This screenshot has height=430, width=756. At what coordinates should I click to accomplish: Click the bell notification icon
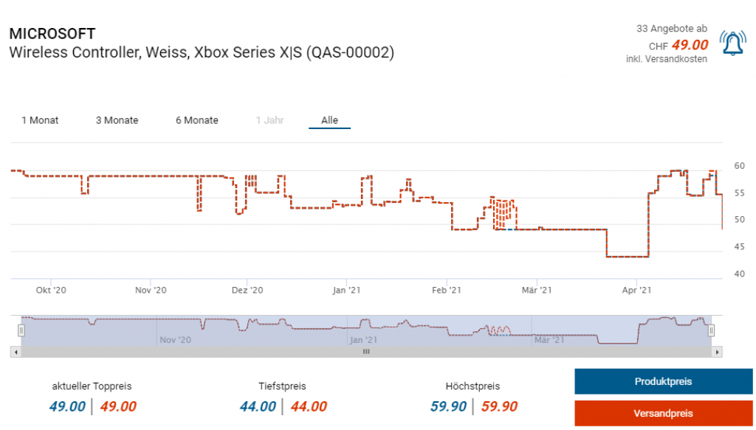pyautogui.click(x=732, y=44)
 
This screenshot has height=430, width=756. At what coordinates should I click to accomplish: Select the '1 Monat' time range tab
pyautogui.click(x=40, y=120)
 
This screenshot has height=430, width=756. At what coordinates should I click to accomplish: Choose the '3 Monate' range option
pyautogui.click(x=117, y=120)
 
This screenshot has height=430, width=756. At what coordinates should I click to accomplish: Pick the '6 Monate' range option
pyautogui.click(x=197, y=120)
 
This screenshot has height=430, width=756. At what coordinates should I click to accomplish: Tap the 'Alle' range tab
pyautogui.click(x=329, y=120)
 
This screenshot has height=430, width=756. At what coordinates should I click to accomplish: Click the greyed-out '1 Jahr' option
pyautogui.click(x=269, y=120)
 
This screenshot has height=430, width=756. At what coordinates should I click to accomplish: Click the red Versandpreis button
pyautogui.click(x=663, y=413)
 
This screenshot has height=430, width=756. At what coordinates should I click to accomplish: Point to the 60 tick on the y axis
pyautogui.click(x=739, y=165)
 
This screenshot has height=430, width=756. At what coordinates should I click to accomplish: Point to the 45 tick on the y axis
pyautogui.click(x=739, y=247)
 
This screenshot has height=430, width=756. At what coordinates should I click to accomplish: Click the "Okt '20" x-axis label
pyautogui.click(x=51, y=291)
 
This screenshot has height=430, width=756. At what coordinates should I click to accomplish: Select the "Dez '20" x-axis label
pyautogui.click(x=247, y=291)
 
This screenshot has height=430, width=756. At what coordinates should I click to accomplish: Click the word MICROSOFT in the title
pyautogui.click(x=52, y=34)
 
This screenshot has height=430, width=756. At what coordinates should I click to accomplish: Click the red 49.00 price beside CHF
pyautogui.click(x=690, y=46)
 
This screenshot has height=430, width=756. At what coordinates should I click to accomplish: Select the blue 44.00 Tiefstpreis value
pyautogui.click(x=258, y=406)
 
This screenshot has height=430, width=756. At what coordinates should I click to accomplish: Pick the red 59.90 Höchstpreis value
pyautogui.click(x=499, y=406)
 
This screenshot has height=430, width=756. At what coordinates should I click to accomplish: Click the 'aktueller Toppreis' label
pyautogui.click(x=92, y=386)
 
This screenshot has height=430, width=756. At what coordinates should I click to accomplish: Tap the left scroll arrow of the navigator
pyautogui.click(x=15, y=353)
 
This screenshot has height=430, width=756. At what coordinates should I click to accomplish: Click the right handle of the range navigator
pyautogui.click(x=712, y=330)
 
